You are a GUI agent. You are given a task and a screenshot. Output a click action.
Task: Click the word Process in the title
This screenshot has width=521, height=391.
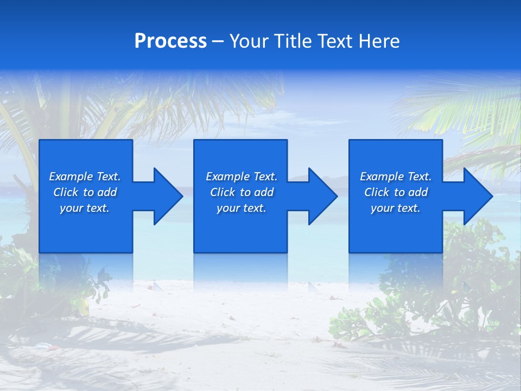coord(170,41)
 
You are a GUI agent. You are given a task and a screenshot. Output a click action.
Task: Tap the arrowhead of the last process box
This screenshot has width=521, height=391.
coord(477,196)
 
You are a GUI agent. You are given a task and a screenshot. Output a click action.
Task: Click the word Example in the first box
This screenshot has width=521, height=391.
coord(71,176)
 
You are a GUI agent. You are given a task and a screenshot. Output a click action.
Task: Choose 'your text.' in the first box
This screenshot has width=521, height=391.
coord(85,208)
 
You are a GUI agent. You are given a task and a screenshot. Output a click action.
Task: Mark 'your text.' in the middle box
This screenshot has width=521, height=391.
coord(242,208)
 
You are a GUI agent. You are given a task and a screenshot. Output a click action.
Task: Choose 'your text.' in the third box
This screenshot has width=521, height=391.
coord(396,208)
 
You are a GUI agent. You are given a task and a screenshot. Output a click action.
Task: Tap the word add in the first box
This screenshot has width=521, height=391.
coord(107,192)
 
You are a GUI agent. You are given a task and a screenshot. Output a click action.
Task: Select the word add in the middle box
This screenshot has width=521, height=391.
coord(264,192)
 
